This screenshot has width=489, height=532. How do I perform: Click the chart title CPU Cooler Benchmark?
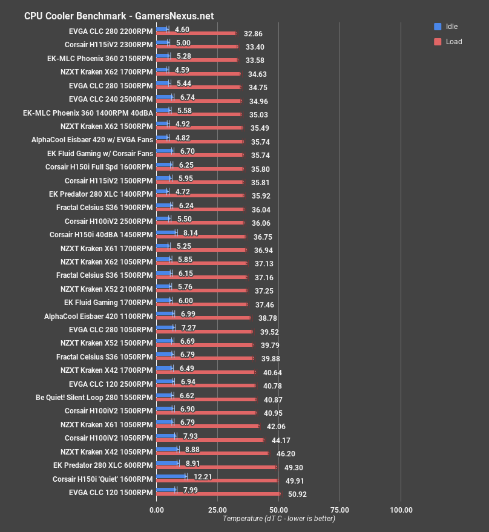point(119,16)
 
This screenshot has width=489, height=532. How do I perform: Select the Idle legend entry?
point(447,27)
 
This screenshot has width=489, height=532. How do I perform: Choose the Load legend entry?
point(448,42)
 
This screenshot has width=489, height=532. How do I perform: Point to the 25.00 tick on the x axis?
point(217,510)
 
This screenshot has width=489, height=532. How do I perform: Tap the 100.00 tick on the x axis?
point(401,510)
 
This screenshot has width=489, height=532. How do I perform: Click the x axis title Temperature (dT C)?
point(278,518)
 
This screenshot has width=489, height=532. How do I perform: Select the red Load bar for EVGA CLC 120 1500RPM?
point(218,494)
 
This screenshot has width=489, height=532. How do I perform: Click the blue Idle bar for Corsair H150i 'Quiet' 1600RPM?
point(171,476)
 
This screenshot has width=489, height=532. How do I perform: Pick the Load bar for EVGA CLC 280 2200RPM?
point(196,33)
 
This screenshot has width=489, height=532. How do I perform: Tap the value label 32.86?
point(254,33)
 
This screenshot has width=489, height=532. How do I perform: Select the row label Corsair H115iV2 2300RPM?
point(109,44)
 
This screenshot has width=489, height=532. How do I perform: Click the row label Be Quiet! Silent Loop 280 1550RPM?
point(94,397)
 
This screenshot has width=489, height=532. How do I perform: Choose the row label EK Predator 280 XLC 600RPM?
point(103,465)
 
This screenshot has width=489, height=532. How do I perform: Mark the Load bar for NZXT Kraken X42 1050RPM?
point(212,453)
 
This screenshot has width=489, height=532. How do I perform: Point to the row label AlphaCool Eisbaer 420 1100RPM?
point(99,315)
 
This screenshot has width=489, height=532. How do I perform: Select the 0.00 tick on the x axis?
point(156,510)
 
